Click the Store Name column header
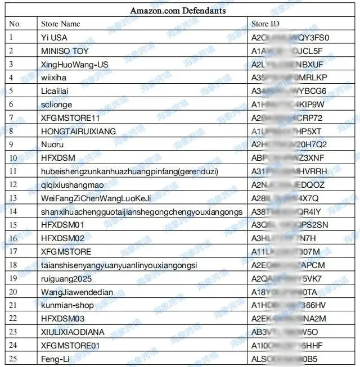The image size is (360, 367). tap(61, 24)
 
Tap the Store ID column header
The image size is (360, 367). tap(265, 24)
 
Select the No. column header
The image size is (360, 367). tap(15, 24)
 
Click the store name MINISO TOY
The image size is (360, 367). tap(65, 51)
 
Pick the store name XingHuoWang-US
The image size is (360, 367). tap(74, 65)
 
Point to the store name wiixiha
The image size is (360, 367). tap(53, 78)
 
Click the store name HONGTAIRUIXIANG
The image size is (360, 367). tap(78, 132)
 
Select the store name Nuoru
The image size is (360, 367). tap(52, 144)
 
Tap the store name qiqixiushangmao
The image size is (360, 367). tap(73, 185)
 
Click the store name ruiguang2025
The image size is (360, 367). tap(66, 279)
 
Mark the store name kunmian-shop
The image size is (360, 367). tap(67, 305)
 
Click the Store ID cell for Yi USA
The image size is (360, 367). tap(290, 38)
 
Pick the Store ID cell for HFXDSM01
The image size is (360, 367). tap(290, 225)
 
